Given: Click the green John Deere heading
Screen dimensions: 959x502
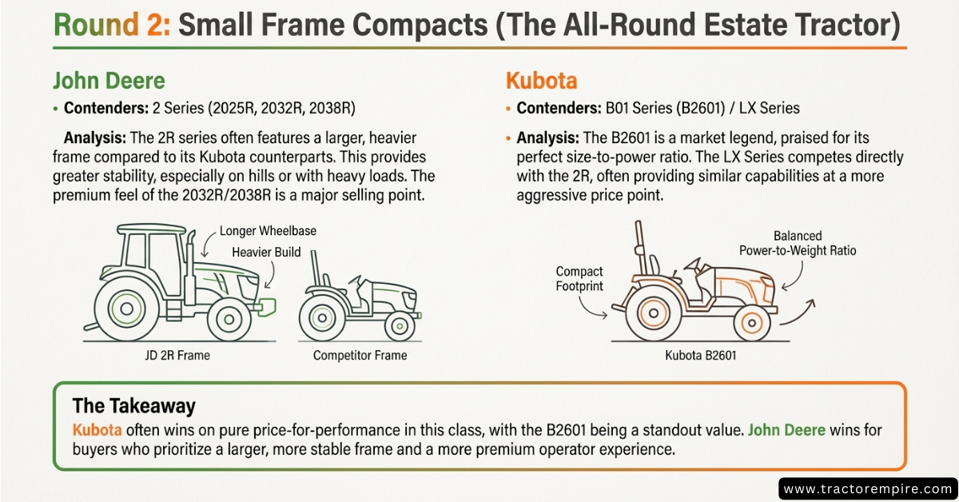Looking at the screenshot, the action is pyautogui.click(x=109, y=81).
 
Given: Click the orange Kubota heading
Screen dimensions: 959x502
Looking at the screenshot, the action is pyautogui.click(x=542, y=81).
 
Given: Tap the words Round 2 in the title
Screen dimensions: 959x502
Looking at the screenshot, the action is pyautogui.click(x=112, y=25).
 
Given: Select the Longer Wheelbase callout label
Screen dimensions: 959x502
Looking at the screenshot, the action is pyautogui.click(x=268, y=231).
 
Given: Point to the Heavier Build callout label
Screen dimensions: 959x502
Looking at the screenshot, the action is pyautogui.click(x=266, y=252).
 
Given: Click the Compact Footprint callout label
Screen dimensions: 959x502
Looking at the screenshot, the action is pyautogui.click(x=579, y=278).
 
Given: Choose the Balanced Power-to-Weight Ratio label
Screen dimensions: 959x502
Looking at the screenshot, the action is pyautogui.click(x=798, y=243).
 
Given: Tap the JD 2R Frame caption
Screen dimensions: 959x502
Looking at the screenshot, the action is pyautogui.click(x=177, y=355).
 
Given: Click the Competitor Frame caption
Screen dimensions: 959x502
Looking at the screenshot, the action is pyautogui.click(x=360, y=355).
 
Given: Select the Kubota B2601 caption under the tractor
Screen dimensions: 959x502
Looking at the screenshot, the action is pyautogui.click(x=700, y=355).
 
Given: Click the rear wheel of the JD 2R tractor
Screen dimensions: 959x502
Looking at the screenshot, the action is pyautogui.click(x=127, y=309).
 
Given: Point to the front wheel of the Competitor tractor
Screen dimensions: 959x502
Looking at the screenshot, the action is pyautogui.click(x=400, y=326).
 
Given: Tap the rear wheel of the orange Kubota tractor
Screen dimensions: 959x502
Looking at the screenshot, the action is pyautogui.click(x=654, y=313).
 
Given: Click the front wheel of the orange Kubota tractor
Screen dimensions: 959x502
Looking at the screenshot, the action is pyautogui.click(x=752, y=323).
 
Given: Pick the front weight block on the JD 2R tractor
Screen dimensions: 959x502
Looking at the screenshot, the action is pyautogui.click(x=266, y=307).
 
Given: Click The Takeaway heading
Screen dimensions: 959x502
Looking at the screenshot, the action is pyautogui.click(x=134, y=405).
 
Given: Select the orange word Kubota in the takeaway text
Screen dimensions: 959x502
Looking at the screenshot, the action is pyautogui.click(x=97, y=429).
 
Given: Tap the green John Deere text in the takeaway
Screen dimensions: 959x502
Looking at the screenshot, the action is pyautogui.click(x=786, y=429).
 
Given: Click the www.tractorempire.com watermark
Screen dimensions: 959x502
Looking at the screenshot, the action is pyautogui.click(x=868, y=488).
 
